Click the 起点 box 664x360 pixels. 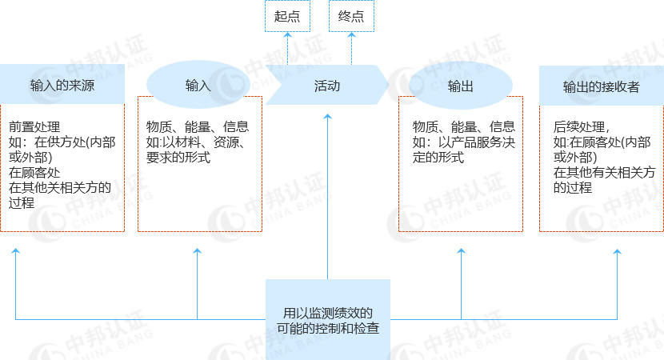(x=287, y=16)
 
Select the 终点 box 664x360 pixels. (x=351, y=16)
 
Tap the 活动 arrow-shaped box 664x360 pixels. (x=327, y=85)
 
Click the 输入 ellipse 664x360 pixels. (x=198, y=85)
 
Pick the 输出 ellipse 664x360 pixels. (x=461, y=86)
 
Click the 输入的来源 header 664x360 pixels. (x=62, y=84)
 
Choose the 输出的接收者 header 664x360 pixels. (x=602, y=86)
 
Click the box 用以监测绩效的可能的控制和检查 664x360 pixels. (x=328, y=320)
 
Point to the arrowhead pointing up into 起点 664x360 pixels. (x=287, y=35)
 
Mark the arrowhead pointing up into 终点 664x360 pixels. (x=351, y=35)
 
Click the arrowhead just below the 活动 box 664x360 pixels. (x=327, y=116)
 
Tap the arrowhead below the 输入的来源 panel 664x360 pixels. (x=16, y=250)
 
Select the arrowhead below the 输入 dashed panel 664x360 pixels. (x=197, y=250)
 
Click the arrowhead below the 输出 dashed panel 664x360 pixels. (x=461, y=250)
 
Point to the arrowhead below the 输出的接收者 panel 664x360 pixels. (x=617, y=251)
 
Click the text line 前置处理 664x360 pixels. (x=34, y=126)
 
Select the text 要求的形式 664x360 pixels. (x=178, y=158)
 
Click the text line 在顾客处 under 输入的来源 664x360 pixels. (x=34, y=172)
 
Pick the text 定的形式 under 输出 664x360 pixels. (x=438, y=158)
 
